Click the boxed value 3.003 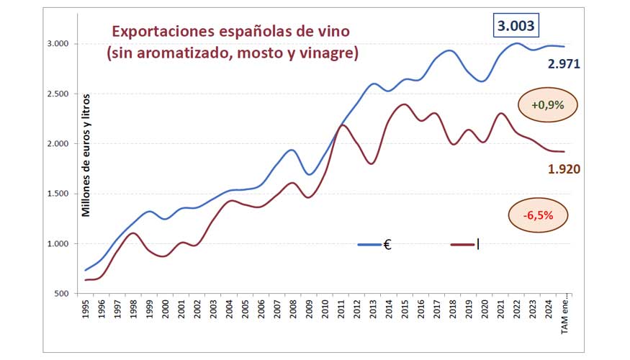[515, 27]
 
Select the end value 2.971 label [564, 64]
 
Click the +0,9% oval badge [546, 104]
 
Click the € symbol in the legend [387, 245]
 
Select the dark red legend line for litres [462, 245]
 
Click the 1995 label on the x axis [86, 312]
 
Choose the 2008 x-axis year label [293, 312]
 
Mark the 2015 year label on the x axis [405, 312]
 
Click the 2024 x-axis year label [548, 312]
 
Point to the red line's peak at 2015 [404, 104]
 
